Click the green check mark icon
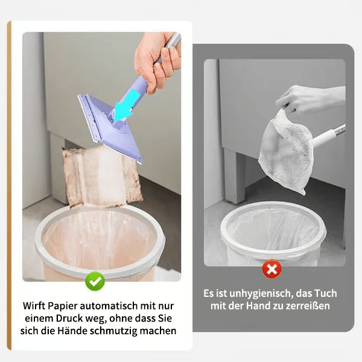pos(95,281)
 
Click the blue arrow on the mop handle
pos(124,109)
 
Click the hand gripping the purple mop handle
pos(156,60)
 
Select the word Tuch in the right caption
pos(325,293)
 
